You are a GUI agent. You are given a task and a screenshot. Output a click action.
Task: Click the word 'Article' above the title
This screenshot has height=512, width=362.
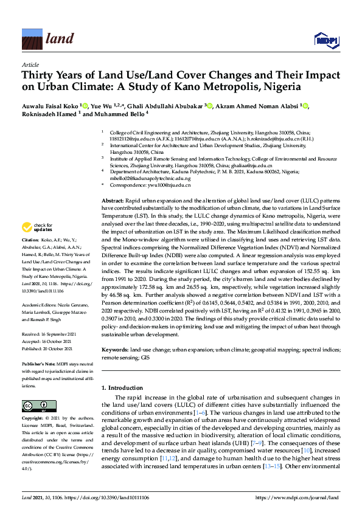click(30, 64)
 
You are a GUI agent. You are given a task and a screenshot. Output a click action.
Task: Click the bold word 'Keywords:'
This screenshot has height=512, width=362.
click(116, 350)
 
